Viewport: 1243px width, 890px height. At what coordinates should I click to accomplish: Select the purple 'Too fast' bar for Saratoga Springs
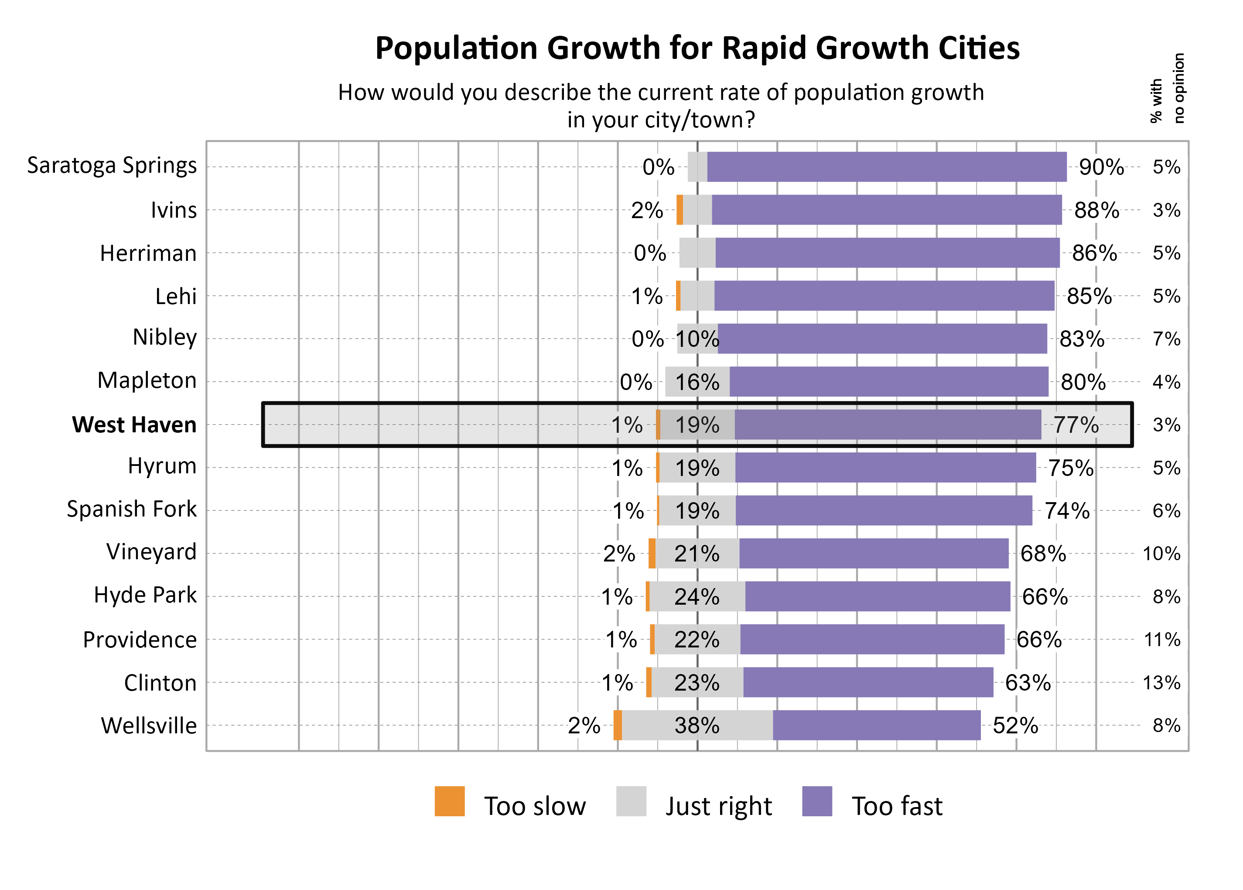tap(886, 167)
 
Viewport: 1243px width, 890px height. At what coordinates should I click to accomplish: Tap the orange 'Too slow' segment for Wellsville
tap(618, 725)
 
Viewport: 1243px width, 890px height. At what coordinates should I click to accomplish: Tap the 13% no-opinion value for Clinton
tap(1161, 682)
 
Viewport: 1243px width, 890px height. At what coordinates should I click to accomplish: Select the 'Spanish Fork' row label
tap(131, 509)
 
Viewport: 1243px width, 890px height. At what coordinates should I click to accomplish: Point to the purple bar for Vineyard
tap(873, 554)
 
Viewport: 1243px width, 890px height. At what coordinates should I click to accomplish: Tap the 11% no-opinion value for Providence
tap(1161, 640)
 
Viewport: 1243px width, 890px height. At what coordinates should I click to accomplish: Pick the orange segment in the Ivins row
tap(680, 210)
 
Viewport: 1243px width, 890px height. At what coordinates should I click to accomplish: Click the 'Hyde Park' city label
tap(145, 595)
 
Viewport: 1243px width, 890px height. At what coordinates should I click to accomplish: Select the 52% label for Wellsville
tap(1014, 726)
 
